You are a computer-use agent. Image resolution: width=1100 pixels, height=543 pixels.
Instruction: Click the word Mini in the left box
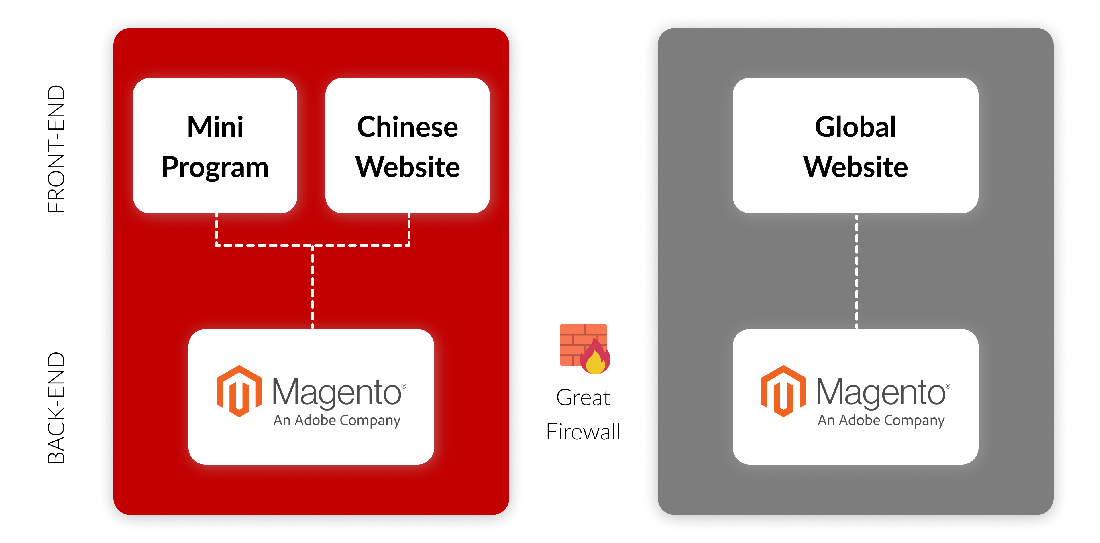(215, 127)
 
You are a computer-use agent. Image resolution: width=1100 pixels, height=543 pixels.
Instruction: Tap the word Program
(215, 167)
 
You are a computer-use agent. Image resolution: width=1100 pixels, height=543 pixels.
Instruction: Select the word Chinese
(407, 127)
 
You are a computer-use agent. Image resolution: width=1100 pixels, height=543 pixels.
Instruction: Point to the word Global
(855, 127)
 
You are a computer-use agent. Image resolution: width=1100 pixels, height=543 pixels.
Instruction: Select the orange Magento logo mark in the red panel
(239, 391)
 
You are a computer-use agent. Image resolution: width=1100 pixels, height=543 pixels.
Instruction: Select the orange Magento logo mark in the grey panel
(783, 391)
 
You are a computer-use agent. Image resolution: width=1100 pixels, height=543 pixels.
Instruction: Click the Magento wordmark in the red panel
(337, 393)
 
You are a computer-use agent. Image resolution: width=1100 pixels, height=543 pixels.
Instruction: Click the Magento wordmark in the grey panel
(881, 393)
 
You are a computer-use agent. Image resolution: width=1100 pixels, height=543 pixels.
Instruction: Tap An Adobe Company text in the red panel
(337, 421)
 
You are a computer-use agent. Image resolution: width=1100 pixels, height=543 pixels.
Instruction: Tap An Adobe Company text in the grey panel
(881, 421)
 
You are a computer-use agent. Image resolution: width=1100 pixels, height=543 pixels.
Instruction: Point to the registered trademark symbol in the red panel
(404, 386)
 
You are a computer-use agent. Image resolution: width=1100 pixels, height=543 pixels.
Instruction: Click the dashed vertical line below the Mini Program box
(217, 229)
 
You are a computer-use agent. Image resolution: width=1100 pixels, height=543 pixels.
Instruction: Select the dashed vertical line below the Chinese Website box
(409, 229)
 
